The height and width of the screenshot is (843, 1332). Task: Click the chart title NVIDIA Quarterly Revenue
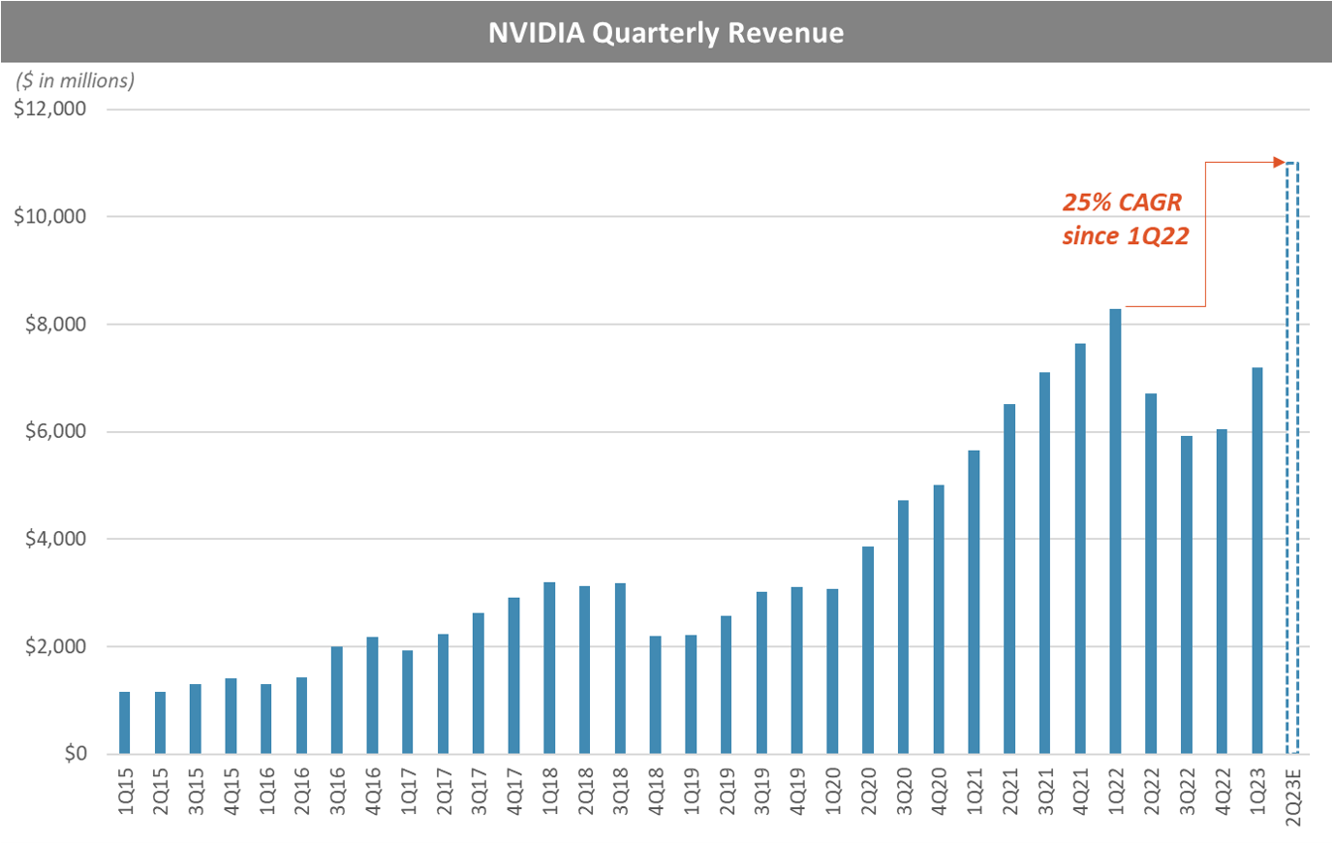click(666, 33)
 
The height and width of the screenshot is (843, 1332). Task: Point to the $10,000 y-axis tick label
click(49, 216)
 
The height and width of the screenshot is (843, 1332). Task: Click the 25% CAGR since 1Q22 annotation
click(1124, 219)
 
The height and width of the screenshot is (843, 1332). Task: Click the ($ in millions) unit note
click(75, 81)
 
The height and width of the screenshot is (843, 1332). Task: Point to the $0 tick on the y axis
click(76, 754)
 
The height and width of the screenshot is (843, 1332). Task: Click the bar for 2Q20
click(868, 650)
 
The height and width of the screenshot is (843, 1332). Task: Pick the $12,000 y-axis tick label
click(49, 109)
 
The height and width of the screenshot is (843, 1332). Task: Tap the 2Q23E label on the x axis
click(1292, 796)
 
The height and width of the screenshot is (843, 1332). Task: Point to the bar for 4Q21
click(1080, 548)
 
